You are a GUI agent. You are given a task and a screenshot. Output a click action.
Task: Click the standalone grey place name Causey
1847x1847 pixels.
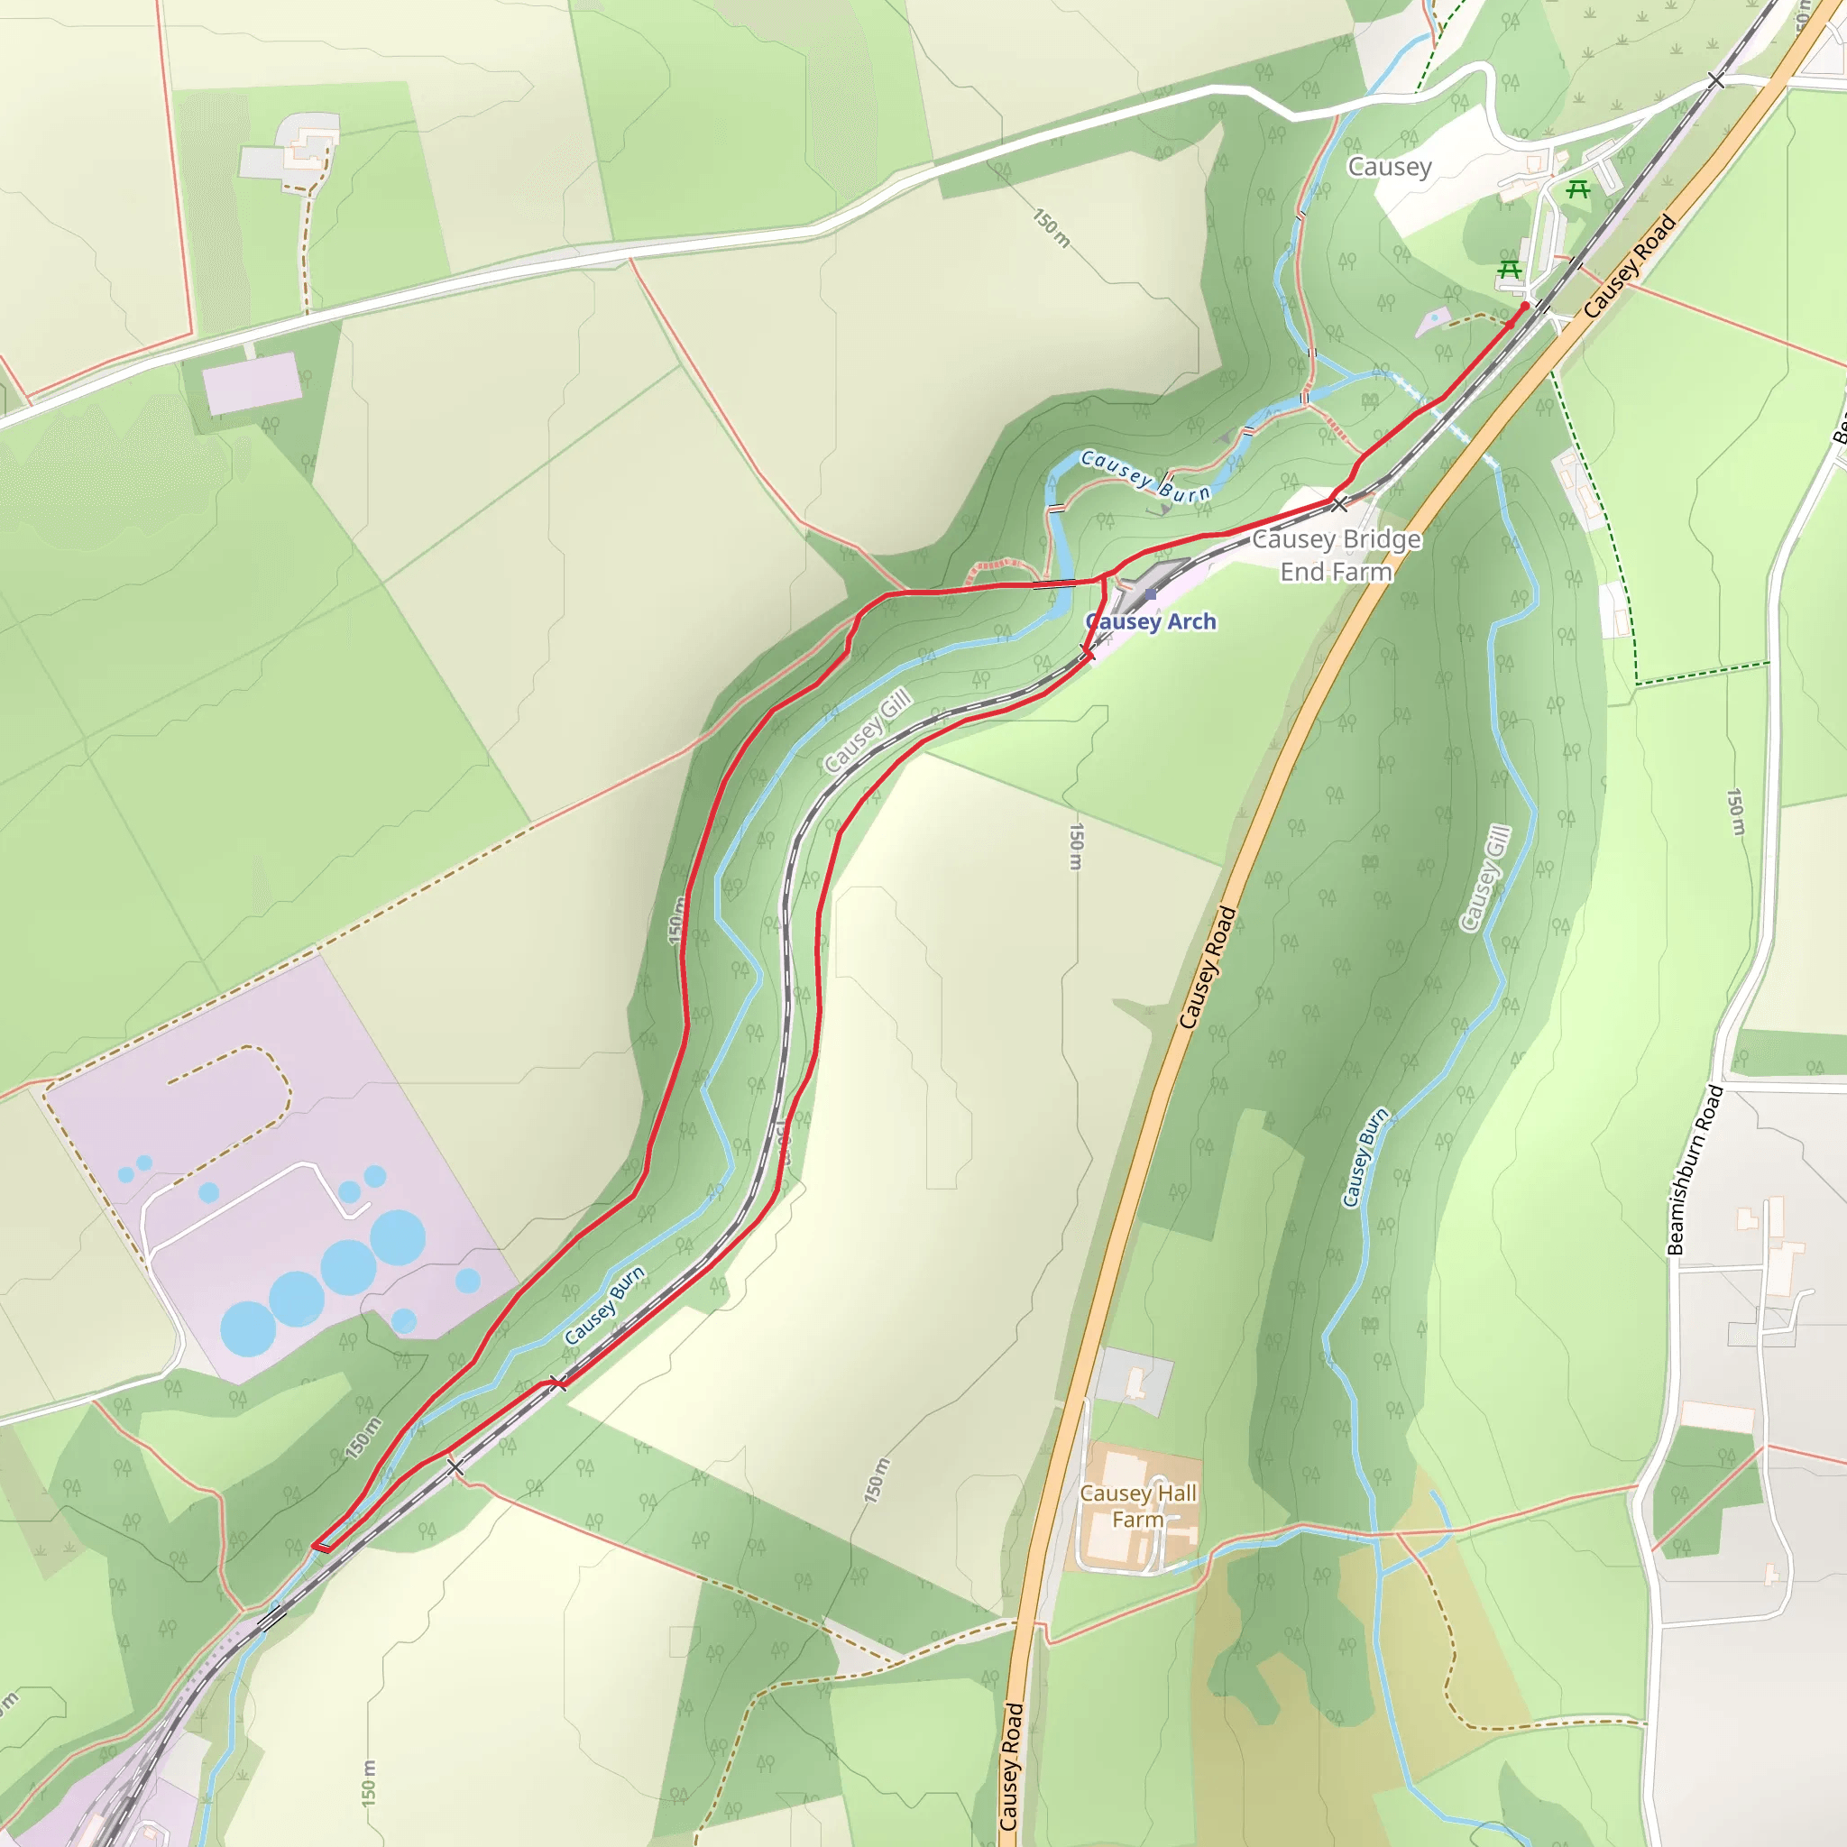click(x=1389, y=168)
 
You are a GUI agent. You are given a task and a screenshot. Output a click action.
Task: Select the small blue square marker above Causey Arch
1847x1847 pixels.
click(x=1150, y=594)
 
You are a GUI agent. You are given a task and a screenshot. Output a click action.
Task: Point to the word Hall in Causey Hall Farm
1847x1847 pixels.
click(x=1175, y=1493)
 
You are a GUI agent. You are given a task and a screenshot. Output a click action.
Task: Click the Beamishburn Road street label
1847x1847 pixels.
click(x=1695, y=1169)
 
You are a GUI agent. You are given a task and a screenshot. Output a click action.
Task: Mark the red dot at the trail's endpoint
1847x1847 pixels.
click(x=1525, y=306)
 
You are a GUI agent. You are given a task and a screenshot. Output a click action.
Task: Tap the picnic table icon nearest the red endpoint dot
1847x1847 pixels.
click(x=1510, y=270)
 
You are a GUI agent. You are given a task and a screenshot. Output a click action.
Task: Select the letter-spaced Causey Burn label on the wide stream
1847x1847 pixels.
click(x=1145, y=476)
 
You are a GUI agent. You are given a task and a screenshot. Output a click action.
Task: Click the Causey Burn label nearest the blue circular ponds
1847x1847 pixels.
click(x=604, y=1307)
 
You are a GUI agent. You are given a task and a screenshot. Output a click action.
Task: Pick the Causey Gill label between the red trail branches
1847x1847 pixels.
click(x=866, y=732)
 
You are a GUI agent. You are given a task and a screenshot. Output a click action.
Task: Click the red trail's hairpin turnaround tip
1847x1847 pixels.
click(x=316, y=1546)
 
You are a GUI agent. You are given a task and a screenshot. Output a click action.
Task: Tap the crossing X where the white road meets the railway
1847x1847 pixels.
click(x=1717, y=80)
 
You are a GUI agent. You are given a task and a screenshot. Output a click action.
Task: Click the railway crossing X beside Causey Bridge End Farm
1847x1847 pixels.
click(x=1340, y=503)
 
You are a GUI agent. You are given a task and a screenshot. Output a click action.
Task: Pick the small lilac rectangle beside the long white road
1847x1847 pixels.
click(x=253, y=382)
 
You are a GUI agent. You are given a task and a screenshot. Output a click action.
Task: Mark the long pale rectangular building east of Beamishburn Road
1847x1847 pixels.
click(x=1718, y=1417)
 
